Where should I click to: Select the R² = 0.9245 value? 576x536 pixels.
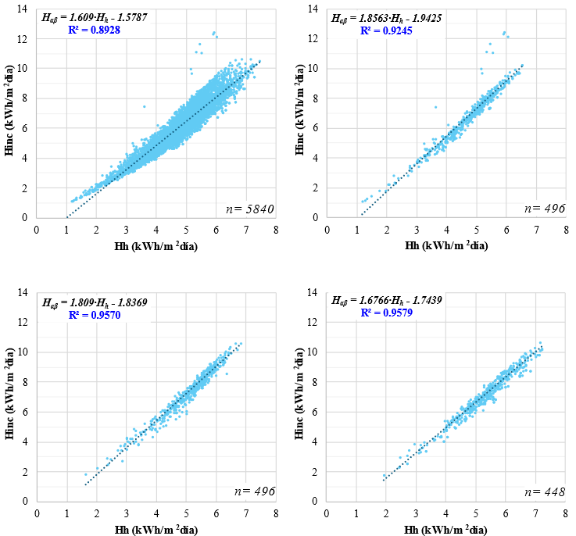[386, 30]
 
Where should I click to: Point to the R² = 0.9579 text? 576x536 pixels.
[386, 313]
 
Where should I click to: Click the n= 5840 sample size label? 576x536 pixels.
[245, 208]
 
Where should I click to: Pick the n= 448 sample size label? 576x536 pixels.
[538, 491]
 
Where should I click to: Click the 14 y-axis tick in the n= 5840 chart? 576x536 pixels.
[24, 9]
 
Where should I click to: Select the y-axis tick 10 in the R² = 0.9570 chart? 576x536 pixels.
[24, 352]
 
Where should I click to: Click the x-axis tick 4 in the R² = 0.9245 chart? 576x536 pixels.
[446, 231]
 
